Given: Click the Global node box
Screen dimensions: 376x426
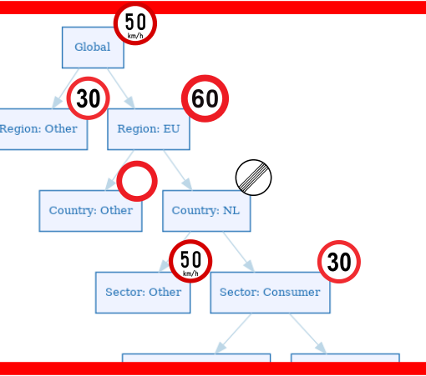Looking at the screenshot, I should click(x=93, y=48).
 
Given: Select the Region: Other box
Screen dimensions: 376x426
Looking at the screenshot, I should click(x=39, y=129).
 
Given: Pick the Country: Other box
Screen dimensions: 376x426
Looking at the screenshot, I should click(x=90, y=210).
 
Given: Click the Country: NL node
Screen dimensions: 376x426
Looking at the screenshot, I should click(x=205, y=210).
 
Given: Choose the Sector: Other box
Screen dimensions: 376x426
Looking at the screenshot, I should click(x=143, y=292).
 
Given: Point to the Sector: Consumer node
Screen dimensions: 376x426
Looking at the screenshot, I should click(x=270, y=292).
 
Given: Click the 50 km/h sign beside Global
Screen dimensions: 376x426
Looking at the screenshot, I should click(x=135, y=24).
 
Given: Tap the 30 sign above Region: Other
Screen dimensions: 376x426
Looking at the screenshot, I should click(x=88, y=98).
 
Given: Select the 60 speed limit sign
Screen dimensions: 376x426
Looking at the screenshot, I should click(x=205, y=99).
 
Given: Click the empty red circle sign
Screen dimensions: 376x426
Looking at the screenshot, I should click(x=137, y=181).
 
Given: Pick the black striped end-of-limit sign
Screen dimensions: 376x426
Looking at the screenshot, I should click(x=253, y=178).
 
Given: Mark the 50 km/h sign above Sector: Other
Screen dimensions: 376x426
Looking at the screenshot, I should click(x=190, y=261).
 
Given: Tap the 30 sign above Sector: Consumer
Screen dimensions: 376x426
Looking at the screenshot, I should click(x=338, y=262).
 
